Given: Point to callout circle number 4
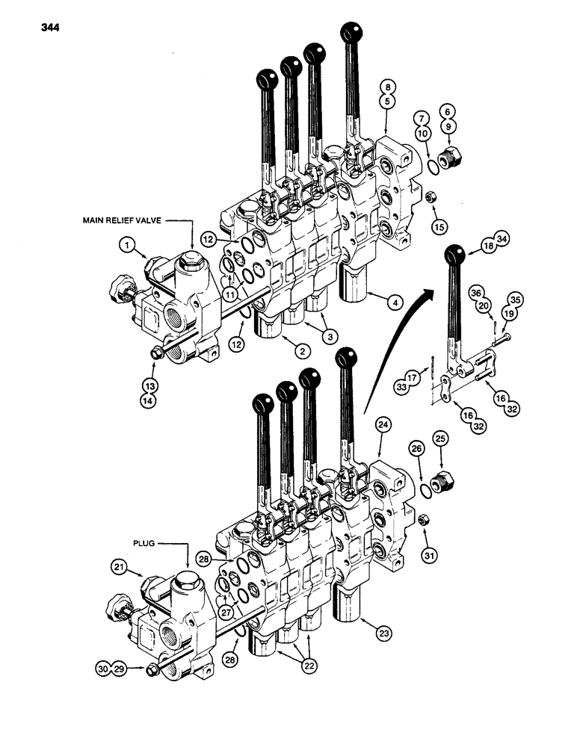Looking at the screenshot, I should (395, 303).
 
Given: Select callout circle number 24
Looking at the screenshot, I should (383, 426).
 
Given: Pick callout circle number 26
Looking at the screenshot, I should (417, 449).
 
